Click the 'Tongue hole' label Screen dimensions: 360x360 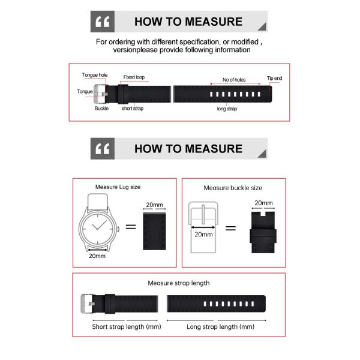click(95, 75)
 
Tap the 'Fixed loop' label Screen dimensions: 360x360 click(134, 77)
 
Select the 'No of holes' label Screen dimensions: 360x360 click(234, 80)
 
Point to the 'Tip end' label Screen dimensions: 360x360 click(274, 79)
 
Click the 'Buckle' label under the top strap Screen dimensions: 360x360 click(101, 109)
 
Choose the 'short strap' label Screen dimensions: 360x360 click(132, 109)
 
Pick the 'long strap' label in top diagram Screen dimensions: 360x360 click(227, 109)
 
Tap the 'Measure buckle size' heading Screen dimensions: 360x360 click(233, 188)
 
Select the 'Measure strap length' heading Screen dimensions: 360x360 click(179, 283)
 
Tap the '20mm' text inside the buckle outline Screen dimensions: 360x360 click(203, 234)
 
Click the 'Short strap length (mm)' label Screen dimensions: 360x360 click(127, 327)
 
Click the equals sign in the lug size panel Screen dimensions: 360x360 click(131, 227)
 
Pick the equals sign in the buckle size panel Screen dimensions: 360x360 click(230, 229)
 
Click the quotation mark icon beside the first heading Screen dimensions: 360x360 click(102, 22)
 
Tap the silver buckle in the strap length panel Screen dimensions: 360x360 click(88, 304)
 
